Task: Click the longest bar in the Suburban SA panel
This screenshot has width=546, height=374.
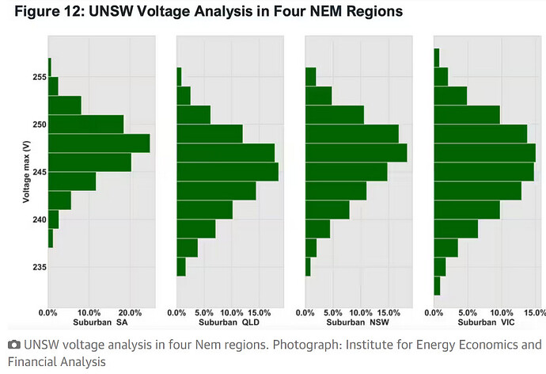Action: click(99, 143)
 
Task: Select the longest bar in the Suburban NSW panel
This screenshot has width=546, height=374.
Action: click(356, 153)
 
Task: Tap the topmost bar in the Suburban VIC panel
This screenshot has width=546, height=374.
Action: click(437, 58)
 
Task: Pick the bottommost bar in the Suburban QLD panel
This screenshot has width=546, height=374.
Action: click(181, 267)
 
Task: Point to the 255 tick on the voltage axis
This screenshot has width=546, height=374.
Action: click(40, 77)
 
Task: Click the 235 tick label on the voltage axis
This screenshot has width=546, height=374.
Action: click(40, 267)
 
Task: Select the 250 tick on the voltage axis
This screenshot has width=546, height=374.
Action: click(40, 124)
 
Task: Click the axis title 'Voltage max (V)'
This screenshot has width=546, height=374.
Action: click(26, 171)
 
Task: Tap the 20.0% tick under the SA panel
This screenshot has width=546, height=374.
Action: click(130, 313)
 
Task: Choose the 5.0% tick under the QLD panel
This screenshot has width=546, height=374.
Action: click(204, 313)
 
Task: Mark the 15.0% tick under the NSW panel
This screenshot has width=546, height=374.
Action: click(389, 313)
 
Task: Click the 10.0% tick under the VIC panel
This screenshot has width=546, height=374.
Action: click(502, 313)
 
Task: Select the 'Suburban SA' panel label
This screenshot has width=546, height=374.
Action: click(100, 322)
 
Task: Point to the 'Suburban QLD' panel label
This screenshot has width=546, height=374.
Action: click(229, 322)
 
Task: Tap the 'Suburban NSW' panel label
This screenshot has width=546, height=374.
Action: click(358, 322)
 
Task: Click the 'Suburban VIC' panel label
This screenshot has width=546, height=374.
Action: click(486, 322)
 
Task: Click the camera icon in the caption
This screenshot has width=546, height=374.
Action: click(14, 345)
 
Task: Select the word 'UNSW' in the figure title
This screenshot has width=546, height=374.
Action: click(111, 11)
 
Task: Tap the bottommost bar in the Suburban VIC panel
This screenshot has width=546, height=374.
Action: click(437, 286)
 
